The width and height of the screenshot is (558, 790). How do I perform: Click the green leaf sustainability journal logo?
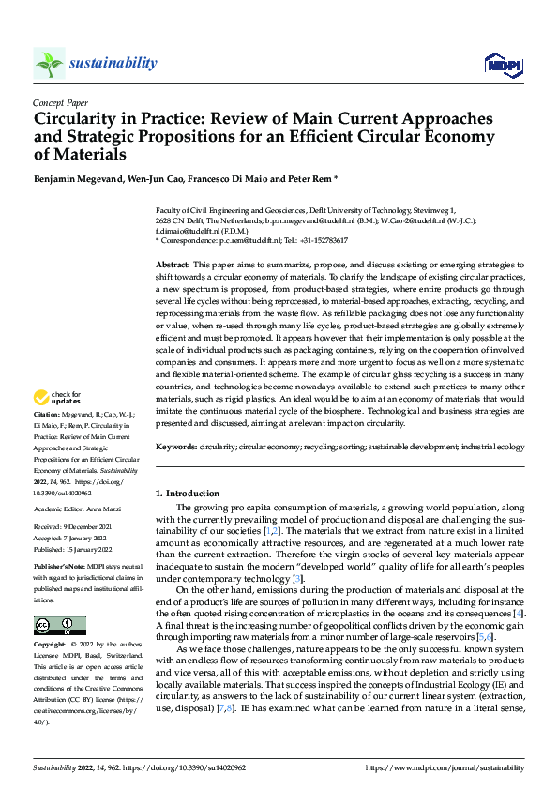pyautogui.click(x=50, y=63)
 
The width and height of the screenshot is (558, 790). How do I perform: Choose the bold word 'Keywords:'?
pyautogui.click(x=175, y=448)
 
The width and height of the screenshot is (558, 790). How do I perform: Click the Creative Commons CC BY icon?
pyautogui.click(x=59, y=625)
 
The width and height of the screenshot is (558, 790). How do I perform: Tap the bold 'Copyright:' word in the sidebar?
pyautogui.click(x=49, y=646)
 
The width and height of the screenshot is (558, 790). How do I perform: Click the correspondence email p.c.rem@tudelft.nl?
pyautogui.click(x=251, y=240)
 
